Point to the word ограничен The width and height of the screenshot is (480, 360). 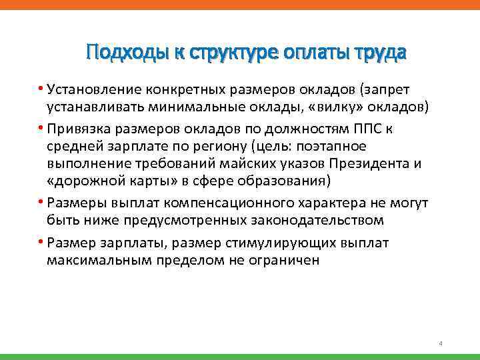coord(286,259)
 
